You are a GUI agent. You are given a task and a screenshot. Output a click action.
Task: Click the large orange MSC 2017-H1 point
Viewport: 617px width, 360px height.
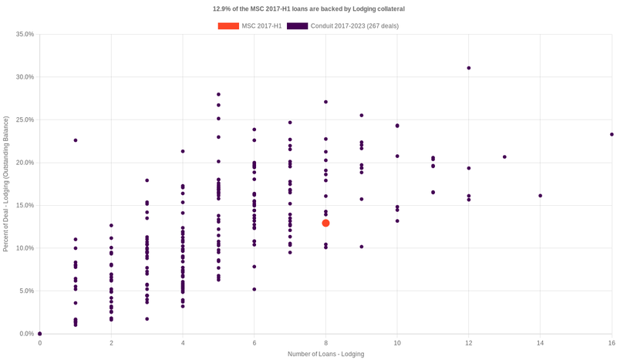[325, 223]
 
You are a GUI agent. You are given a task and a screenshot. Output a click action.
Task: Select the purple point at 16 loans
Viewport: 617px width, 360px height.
[612, 134]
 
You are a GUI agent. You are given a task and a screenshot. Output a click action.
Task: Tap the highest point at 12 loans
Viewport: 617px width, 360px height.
[469, 68]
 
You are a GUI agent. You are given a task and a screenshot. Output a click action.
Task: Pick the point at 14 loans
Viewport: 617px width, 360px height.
[540, 196]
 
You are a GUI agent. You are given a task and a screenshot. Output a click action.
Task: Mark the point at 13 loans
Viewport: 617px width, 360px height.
[504, 156]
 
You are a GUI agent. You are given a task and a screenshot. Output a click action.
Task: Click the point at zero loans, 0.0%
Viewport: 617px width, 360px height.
[40, 334]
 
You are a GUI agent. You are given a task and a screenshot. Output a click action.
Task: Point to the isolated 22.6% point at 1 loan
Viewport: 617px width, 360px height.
[76, 140]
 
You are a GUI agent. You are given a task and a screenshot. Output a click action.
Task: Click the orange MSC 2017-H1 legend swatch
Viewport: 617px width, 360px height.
[228, 26]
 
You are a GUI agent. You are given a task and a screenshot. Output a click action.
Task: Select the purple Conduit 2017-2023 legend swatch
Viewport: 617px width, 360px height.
[297, 26]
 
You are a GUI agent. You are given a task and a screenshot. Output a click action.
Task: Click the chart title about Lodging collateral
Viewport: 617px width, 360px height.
[308, 8]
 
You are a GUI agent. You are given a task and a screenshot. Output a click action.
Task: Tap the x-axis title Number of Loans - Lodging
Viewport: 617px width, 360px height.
[325, 354]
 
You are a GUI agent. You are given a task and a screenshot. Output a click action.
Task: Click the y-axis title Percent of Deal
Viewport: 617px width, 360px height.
[6, 183]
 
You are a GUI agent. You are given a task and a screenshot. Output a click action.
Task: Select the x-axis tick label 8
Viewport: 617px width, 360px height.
[325, 342]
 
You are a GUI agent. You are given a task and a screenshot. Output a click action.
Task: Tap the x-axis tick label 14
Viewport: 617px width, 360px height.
[540, 342]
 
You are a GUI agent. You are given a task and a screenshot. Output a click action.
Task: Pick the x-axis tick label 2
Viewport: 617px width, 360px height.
[111, 342]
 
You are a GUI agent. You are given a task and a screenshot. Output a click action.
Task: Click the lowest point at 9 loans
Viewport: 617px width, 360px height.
[362, 247]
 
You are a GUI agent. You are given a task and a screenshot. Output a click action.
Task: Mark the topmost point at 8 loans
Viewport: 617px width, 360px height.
[325, 102]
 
